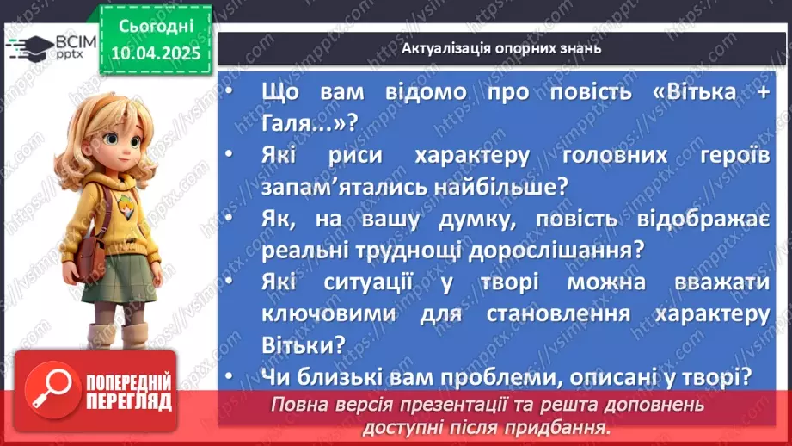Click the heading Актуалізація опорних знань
tap(501, 48)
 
